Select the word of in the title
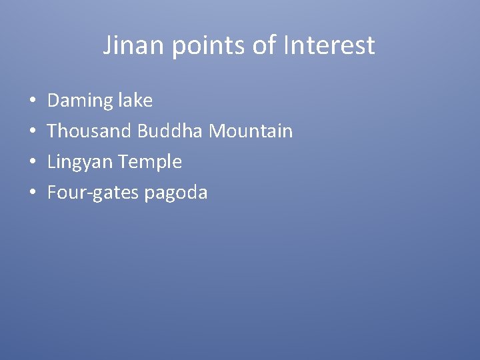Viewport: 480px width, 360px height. tap(259, 46)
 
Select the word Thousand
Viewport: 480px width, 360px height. tap(90, 131)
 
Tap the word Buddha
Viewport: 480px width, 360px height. tap(171, 131)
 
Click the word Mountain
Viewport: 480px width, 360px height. tap(251, 131)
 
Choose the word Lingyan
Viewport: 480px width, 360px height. tap(80, 162)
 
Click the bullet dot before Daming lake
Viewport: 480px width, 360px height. tap(33, 101)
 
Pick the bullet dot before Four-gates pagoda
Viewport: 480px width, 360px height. tap(33, 193)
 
